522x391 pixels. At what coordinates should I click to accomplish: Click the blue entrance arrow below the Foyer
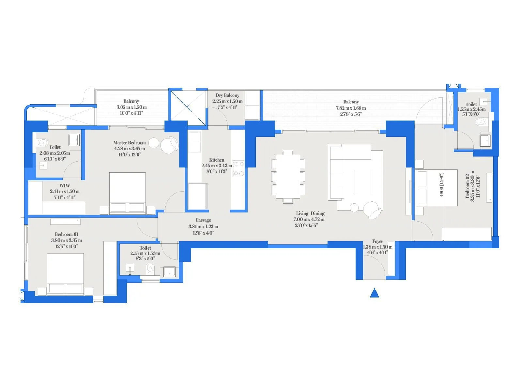tap(375, 293)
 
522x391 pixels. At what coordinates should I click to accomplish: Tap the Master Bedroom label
tap(130, 143)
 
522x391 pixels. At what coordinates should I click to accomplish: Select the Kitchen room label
tap(217, 160)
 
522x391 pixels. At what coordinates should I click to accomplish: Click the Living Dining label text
tap(310, 213)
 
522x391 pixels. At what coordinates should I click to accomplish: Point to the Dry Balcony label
tap(227, 95)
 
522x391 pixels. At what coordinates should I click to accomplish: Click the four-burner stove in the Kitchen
tap(238, 168)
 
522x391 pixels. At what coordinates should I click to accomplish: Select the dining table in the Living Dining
tap(288, 177)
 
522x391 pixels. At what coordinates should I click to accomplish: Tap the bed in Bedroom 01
tap(65, 274)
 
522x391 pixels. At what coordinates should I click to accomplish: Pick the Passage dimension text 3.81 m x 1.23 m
tap(203, 226)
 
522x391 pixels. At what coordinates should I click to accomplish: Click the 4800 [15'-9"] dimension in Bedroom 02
tap(442, 185)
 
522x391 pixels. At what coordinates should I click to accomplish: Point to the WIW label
tap(65, 185)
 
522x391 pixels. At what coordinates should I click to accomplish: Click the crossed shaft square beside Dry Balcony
tap(188, 107)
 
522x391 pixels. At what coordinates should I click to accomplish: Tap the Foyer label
tap(377, 241)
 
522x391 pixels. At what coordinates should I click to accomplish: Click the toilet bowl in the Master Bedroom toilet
tap(43, 143)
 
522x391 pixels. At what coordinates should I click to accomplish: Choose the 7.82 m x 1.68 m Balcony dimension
tap(351, 108)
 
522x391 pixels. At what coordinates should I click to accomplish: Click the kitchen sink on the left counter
tap(194, 137)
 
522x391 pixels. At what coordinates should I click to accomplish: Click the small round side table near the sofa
tap(354, 207)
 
